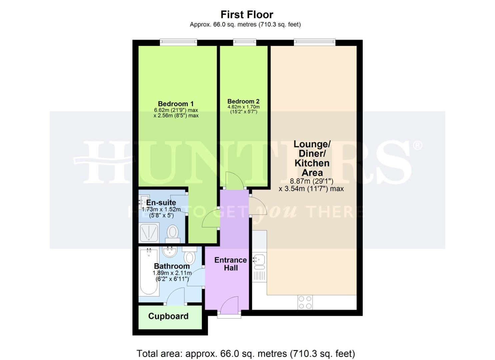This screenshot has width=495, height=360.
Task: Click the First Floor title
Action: point(247,15)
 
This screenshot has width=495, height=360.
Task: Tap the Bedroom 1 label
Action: point(176,104)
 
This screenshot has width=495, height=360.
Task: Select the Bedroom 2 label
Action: point(243,101)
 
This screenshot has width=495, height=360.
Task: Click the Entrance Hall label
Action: point(230,264)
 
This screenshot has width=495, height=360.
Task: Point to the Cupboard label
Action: point(168,316)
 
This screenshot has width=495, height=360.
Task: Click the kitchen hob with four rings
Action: point(305,302)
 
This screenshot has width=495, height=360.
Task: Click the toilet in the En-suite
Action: point(173,233)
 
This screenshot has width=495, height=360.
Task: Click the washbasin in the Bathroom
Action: point(169,252)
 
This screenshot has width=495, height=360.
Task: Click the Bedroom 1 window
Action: point(178,42)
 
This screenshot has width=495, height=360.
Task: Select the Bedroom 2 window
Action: point(244,42)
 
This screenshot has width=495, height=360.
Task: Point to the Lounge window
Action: point(314,42)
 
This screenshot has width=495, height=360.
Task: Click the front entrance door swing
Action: point(229,305)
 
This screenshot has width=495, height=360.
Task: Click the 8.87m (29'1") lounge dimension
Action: point(311,181)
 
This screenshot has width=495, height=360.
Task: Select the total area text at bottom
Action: point(246,353)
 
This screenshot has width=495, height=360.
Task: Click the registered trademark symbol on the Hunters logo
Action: point(418,145)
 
